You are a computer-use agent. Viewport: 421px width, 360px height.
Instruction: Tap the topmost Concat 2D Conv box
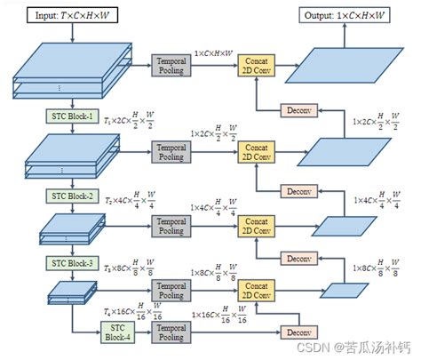click(257, 66)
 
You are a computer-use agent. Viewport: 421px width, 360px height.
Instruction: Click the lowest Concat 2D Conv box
click(257, 290)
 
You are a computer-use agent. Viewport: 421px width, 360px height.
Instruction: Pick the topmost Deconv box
click(295, 111)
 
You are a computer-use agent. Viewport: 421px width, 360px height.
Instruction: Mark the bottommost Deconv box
click(295, 332)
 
